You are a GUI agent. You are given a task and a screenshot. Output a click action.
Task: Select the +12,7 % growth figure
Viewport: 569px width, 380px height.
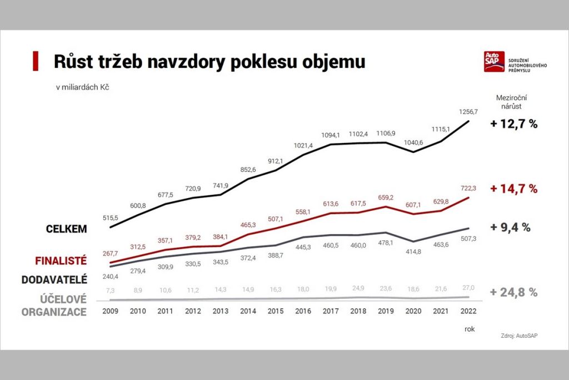click(x=513, y=124)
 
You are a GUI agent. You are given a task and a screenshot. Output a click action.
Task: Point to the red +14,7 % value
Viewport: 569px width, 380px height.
click(x=513, y=189)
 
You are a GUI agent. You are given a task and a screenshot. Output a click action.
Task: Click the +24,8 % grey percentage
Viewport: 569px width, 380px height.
click(x=513, y=293)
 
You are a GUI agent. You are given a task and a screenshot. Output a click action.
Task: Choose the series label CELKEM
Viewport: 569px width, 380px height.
click(x=67, y=229)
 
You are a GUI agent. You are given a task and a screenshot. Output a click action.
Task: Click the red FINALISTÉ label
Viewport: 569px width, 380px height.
click(x=61, y=260)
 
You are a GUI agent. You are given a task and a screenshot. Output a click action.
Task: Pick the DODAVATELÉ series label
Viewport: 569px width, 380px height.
click(x=54, y=280)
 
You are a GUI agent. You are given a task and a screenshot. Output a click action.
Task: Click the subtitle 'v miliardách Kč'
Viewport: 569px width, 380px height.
click(x=77, y=87)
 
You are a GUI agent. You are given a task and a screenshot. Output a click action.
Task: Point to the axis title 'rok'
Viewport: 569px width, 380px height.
click(x=470, y=329)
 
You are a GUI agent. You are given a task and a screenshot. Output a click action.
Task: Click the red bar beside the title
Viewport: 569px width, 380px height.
click(x=36, y=61)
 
